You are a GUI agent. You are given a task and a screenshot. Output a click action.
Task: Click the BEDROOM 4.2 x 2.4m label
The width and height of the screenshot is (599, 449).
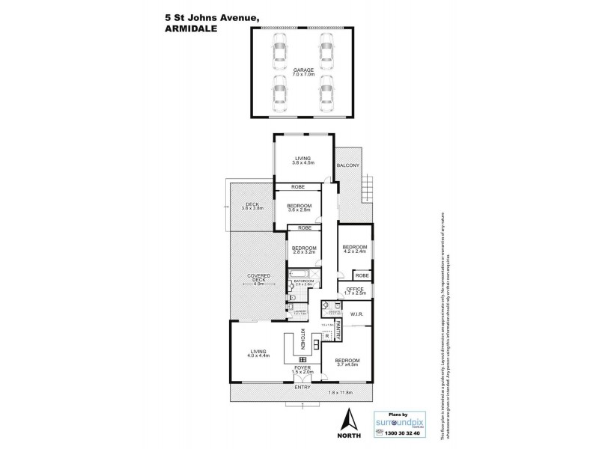click(x=355, y=250)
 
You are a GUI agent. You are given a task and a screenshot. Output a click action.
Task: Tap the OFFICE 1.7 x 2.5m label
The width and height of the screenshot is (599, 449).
click(x=354, y=291)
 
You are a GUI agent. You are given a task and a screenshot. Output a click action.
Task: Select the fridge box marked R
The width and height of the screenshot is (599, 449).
click(x=328, y=337)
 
